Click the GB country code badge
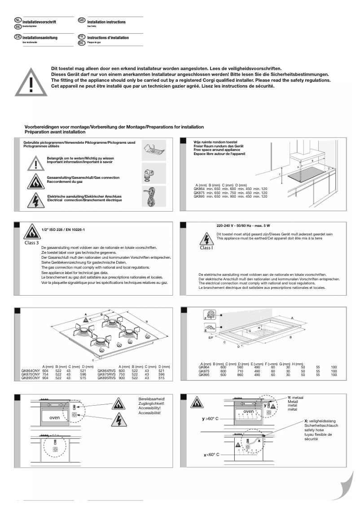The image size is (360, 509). pyautogui.click(x=81, y=20)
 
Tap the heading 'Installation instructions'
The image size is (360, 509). pyautogui.click(x=106, y=22)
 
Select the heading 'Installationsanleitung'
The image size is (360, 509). pyautogui.click(x=40, y=38)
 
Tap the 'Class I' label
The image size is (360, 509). pyautogui.click(x=206, y=248)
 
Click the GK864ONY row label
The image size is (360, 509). pyautogui.click(x=30, y=370)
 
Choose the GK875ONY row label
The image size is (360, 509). pyautogui.click(x=30, y=374)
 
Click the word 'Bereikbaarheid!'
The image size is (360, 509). pyautogui.click(x=152, y=398)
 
